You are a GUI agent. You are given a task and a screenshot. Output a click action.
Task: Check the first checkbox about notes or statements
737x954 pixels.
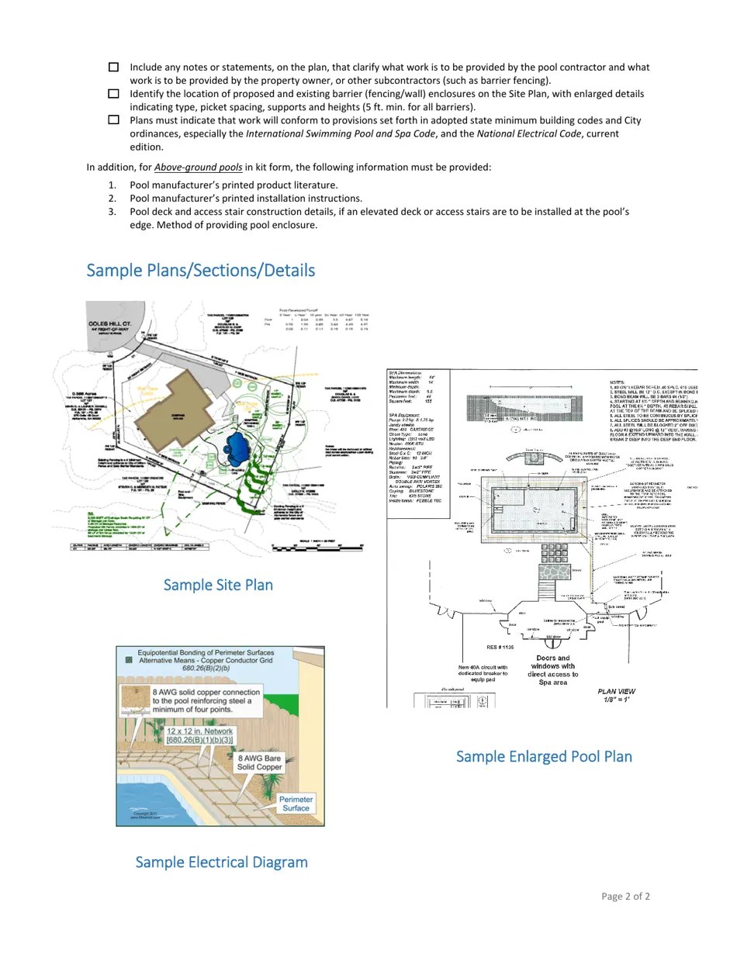point(113,67)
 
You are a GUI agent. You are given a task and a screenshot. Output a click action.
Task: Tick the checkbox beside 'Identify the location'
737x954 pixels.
point(113,94)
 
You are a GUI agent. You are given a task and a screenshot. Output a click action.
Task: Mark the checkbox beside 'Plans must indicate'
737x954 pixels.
point(113,120)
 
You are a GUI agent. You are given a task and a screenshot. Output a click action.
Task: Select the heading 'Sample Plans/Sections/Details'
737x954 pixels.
point(200,271)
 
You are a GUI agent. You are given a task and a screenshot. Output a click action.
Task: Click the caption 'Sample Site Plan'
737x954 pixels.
point(218,585)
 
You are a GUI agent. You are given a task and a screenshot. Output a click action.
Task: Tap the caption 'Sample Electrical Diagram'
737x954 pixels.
point(221,862)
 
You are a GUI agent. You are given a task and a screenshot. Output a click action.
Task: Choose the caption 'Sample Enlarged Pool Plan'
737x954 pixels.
point(544,756)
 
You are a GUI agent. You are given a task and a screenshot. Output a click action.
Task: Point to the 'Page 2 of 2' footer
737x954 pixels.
point(625,897)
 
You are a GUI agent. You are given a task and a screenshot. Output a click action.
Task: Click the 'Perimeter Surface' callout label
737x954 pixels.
point(296,804)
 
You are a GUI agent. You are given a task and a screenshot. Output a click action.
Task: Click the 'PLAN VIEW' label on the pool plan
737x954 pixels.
point(617,692)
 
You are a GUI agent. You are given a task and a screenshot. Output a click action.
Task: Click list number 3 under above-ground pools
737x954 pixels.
point(112,212)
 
